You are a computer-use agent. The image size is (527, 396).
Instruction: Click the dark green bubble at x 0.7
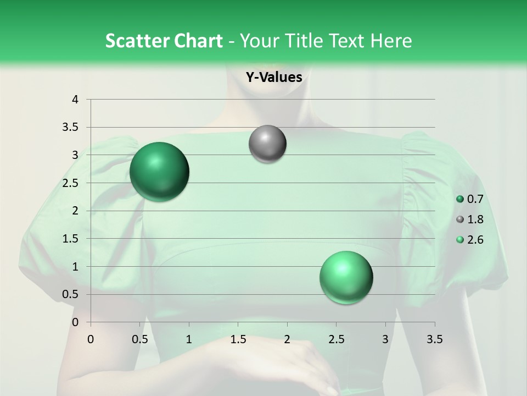(x=159, y=171)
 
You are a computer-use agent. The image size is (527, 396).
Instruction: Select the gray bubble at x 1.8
(x=267, y=144)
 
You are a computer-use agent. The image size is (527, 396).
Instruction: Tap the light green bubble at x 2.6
(x=346, y=277)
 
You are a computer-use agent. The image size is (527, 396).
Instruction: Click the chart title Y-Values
(x=273, y=78)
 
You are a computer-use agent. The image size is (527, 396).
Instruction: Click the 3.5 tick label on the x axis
(x=434, y=339)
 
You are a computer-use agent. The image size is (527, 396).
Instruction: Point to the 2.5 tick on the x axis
(x=336, y=339)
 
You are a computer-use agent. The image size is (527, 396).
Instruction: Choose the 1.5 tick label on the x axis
(x=238, y=339)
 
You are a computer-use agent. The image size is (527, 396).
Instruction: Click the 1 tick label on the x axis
(x=189, y=339)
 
